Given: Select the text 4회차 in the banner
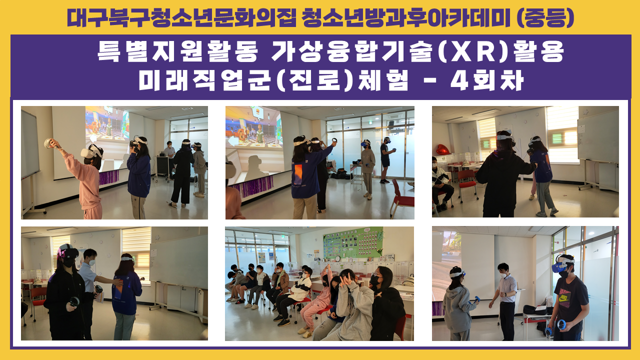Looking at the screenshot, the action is coord(487,80).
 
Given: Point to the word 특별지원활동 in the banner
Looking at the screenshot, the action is coord(177,51).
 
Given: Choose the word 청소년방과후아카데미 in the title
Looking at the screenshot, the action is coord(406,17).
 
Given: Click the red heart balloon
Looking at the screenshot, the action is coord(442,149).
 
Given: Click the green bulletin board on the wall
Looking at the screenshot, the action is coord(353,242).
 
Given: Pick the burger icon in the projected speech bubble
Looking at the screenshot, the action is coord(256,111).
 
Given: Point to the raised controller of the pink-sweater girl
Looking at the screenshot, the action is coord(47,143).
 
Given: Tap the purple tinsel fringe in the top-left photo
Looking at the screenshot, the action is coord(108,177).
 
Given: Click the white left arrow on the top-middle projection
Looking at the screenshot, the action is coord(233,141).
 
